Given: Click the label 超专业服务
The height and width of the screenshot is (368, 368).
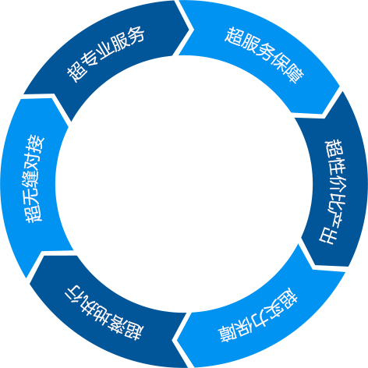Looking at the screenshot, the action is pos(105,54).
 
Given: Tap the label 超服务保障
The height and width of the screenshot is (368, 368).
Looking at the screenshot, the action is pos(264,55).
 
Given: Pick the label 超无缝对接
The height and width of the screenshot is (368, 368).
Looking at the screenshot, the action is pos(35,179).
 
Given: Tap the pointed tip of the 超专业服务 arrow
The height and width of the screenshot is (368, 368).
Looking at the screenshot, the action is pos(193,29).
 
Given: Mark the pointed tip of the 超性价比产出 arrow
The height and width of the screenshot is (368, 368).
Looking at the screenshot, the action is pos(315,265).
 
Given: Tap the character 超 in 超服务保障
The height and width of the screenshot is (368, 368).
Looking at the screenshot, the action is pos(232,36).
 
